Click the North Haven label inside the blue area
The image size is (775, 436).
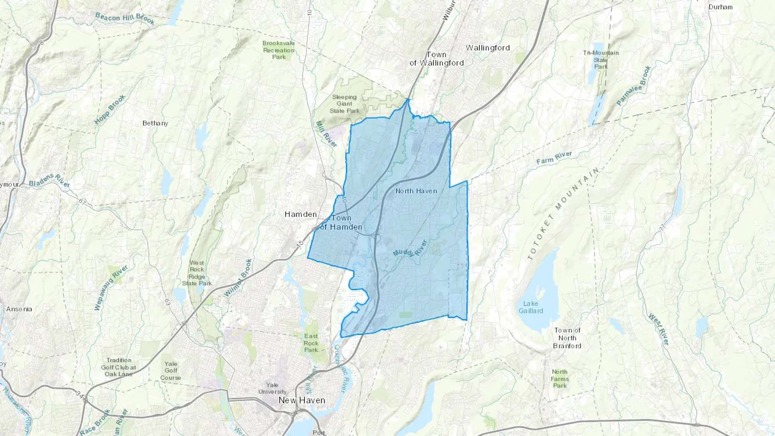pos(416,191)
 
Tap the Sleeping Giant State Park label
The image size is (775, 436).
pos(344,104)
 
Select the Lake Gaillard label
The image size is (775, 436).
pos(530,307)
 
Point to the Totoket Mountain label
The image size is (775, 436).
pos(563,214)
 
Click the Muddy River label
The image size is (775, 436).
pos(409,249)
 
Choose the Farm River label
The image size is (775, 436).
pos(554,158)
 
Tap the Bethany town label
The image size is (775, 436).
pos(155,123)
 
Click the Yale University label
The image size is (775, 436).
pos(272,388)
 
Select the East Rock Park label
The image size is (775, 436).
pos(311,343)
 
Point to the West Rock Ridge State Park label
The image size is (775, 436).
pos(197,273)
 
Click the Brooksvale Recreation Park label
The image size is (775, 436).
pos(279,50)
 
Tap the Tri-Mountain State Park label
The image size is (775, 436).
pos(601,59)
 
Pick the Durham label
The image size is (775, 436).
pos(720,7)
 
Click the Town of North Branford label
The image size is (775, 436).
pos(567,338)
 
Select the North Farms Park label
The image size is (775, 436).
pos(560,379)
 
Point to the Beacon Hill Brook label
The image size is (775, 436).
pos(124,19)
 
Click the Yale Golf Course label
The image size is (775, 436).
pos(170,371)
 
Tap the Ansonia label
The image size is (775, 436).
pos(19,309)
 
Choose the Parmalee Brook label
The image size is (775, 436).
pos(633,86)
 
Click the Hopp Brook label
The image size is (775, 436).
pos(110,109)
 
